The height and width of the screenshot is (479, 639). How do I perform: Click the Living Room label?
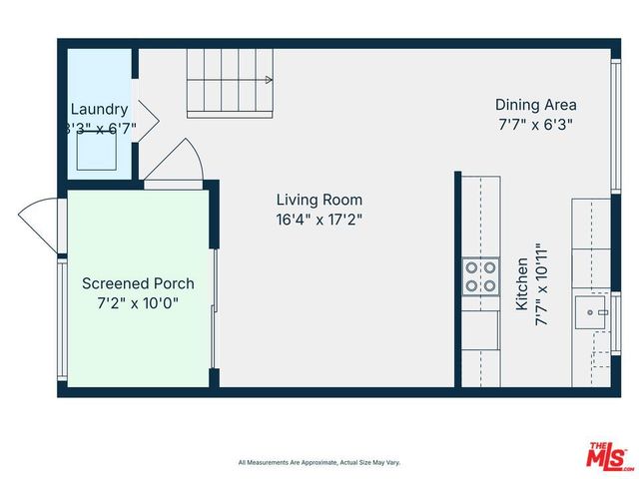(319, 200)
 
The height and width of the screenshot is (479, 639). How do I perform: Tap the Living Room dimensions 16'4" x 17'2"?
(319, 220)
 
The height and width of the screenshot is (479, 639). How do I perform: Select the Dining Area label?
(535, 105)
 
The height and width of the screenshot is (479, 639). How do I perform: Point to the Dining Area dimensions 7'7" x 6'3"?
(535, 125)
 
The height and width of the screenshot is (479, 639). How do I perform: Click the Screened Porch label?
(138, 283)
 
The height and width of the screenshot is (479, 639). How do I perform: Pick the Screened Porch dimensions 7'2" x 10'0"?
(138, 302)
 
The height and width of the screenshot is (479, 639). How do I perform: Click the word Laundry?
(99, 109)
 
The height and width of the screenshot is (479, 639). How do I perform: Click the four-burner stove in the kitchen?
(480, 276)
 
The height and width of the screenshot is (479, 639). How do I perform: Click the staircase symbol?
(229, 85)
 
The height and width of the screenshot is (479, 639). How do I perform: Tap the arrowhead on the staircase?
(269, 79)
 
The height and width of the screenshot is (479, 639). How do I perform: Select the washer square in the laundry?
(99, 150)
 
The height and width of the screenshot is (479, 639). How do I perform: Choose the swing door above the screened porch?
(177, 162)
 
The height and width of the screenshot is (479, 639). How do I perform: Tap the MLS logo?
(609, 454)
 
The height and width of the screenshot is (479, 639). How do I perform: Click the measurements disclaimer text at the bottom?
(319, 462)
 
